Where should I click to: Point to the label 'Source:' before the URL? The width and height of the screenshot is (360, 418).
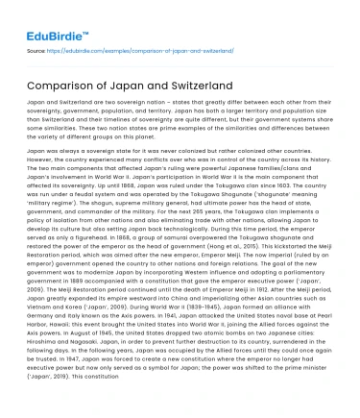point(36,50)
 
